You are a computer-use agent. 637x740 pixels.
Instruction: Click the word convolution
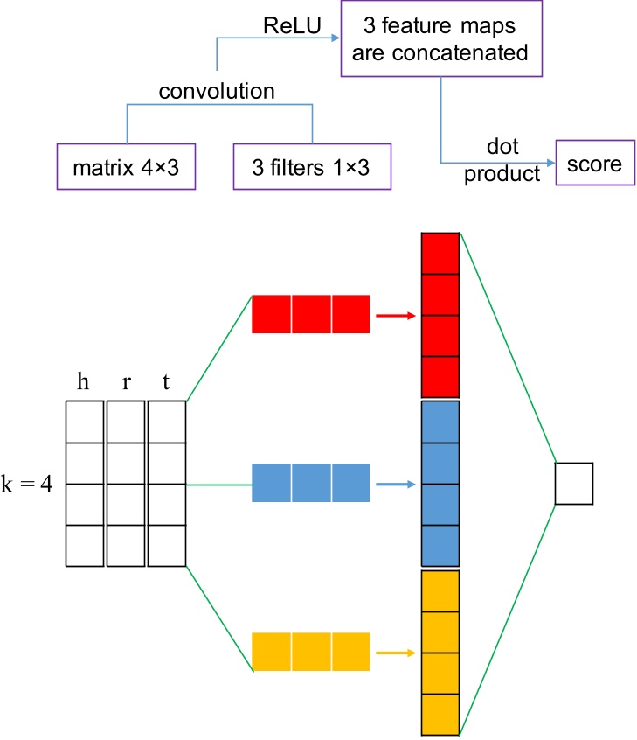(217, 91)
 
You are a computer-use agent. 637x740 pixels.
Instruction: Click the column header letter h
(84, 383)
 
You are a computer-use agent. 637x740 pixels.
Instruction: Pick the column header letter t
(166, 383)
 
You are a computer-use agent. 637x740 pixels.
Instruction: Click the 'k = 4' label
(27, 484)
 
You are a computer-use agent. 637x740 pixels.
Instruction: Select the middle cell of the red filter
(310, 314)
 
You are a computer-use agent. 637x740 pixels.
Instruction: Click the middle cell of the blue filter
(310, 483)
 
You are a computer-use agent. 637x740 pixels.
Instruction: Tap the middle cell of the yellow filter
(310, 652)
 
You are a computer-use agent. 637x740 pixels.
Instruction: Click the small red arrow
(394, 314)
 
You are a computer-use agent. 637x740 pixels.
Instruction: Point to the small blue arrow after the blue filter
(394, 483)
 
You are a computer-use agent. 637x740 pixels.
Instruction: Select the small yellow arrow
(394, 652)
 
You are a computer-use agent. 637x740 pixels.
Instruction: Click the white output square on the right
(574, 483)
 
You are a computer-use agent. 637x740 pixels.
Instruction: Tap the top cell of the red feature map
(440, 253)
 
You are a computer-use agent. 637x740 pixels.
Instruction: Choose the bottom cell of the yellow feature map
(440, 715)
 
